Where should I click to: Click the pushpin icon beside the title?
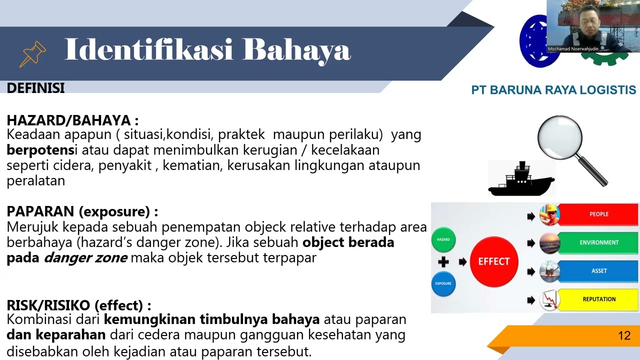32,53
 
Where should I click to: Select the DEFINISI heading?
35,88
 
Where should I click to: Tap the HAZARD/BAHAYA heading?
72,120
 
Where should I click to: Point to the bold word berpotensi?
42,150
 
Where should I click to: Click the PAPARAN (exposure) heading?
82,211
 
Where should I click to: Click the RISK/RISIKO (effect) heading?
78,305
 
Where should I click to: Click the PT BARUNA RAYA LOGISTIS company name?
553,90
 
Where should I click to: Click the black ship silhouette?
521,180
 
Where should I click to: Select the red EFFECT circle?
493,261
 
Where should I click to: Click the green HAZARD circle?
443,239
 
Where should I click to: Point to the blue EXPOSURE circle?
443,283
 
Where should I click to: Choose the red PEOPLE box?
598,214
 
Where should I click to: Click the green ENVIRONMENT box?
598,242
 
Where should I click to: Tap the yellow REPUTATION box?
598,299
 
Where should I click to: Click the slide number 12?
624,335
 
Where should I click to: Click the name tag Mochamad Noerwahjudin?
573,49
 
